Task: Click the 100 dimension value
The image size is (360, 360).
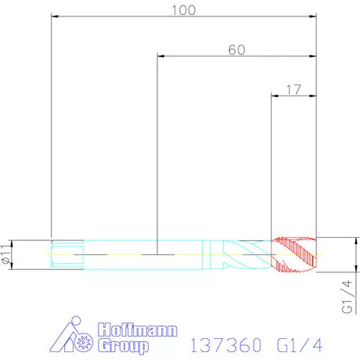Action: (184, 10)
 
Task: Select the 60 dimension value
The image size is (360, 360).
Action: (237, 50)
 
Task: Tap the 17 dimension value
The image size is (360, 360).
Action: (293, 90)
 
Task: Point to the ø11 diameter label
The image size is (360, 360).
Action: (5, 254)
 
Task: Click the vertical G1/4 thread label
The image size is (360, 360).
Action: (347, 297)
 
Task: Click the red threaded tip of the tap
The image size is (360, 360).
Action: (294, 254)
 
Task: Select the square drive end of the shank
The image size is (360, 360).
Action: (67, 254)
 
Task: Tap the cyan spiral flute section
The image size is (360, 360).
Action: (247, 254)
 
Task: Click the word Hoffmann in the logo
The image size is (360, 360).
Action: (138, 329)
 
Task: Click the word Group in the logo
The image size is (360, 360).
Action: (124, 346)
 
